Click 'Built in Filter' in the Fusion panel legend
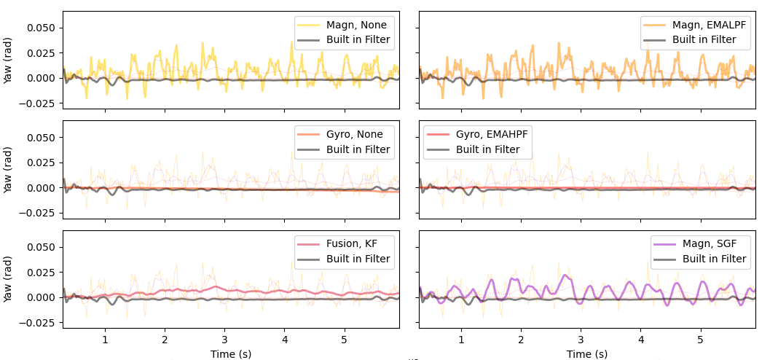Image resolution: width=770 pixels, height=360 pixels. pyautogui.click(x=358, y=259)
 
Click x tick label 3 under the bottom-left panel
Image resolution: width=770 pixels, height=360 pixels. pyautogui.click(x=224, y=340)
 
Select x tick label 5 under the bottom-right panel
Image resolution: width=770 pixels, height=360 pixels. pyautogui.click(x=700, y=340)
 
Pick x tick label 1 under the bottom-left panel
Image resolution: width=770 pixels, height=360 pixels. pyautogui.click(x=105, y=340)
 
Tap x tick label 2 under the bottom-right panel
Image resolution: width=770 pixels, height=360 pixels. pyautogui.click(x=521, y=340)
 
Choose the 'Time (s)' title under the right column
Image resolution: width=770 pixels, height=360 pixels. pyautogui.click(x=587, y=353)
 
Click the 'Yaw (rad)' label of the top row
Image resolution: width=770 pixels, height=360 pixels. pyautogui.click(x=8, y=60)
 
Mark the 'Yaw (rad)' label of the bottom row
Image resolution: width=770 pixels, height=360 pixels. pyautogui.click(x=8, y=279)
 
